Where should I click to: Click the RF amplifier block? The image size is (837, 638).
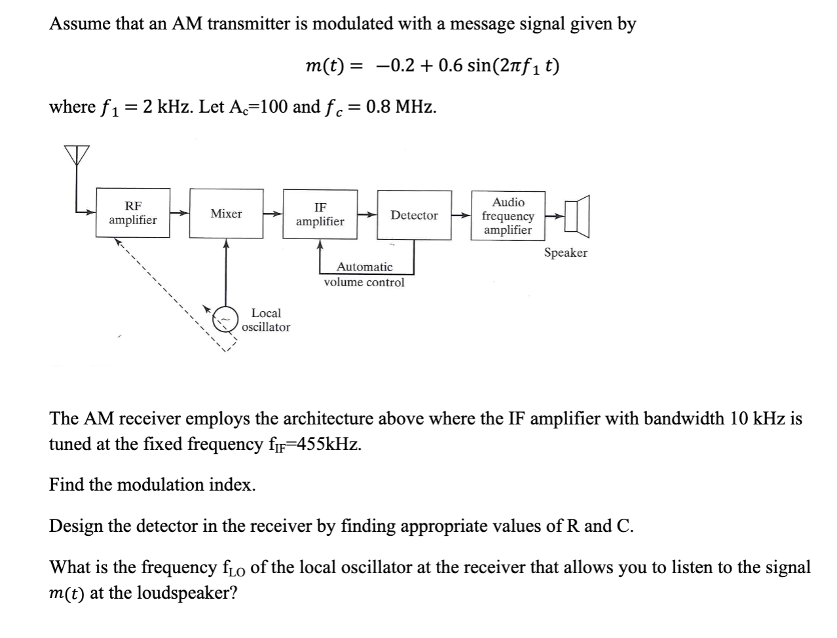tap(132, 214)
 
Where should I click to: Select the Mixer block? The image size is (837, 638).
tap(226, 214)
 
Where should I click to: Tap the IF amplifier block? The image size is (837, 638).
tap(320, 214)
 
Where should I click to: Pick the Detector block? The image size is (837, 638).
tap(414, 215)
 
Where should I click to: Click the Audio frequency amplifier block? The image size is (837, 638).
tap(508, 216)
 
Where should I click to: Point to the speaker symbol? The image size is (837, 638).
tap(579, 216)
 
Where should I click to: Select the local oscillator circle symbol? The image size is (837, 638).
tap(226, 319)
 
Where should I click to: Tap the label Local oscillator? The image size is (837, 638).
tap(266, 320)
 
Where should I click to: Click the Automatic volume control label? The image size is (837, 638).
tap(364, 274)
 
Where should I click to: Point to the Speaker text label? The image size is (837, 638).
tap(565, 253)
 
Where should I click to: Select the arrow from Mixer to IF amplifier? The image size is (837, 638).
tap(273, 214)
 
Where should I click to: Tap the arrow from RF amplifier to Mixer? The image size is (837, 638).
tap(179, 214)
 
